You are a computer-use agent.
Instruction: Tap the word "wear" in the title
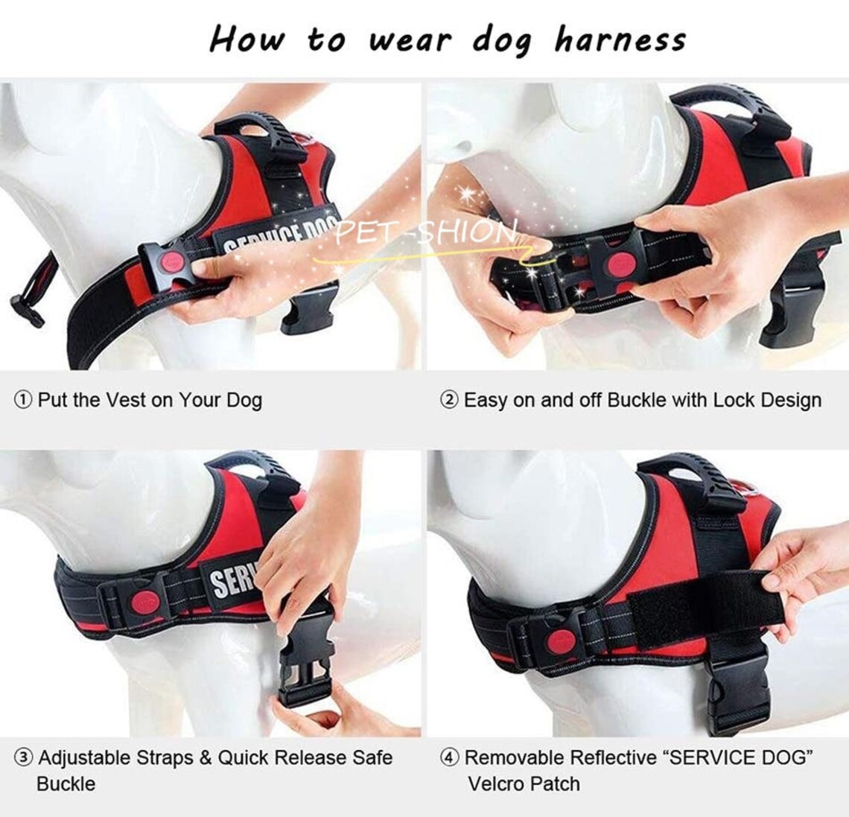(x=410, y=39)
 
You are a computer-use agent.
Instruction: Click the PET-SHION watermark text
(x=425, y=232)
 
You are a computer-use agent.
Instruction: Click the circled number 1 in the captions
(x=23, y=400)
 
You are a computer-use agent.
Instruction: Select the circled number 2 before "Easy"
(x=449, y=401)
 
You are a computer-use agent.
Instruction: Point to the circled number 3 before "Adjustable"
(x=24, y=758)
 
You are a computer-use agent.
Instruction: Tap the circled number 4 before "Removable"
(x=449, y=758)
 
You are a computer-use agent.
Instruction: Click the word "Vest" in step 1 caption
(x=126, y=400)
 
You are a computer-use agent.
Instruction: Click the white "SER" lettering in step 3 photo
(x=232, y=578)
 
